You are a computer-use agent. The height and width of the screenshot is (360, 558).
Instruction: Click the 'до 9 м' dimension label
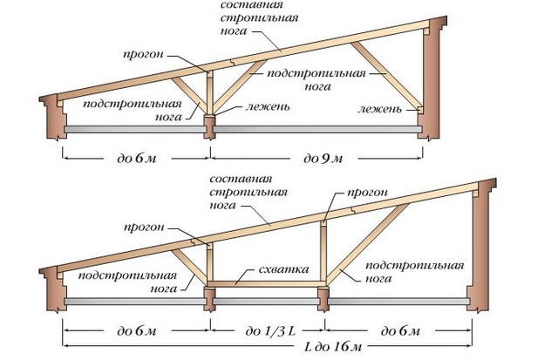[x=323, y=158]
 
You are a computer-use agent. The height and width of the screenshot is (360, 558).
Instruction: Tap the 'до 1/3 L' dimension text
[x=270, y=331]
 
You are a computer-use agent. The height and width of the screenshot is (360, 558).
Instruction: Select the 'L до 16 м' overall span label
[x=333, y=346]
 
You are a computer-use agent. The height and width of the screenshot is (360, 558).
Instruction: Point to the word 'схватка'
[x=283, y=269]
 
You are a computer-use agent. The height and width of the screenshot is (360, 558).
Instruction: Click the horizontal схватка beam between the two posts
[x=266, y=284]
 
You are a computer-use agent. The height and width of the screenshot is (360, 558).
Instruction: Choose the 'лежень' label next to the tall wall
[x=379, y=109]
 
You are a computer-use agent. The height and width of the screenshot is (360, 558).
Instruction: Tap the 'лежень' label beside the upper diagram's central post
[x=268, y=106]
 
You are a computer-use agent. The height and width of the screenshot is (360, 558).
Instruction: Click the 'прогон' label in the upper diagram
[x=143, y=54]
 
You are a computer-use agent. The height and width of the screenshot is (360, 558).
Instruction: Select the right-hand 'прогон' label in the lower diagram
[x=367, y=193]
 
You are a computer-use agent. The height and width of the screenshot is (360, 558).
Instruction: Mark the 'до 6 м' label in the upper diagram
[x=137, y=158]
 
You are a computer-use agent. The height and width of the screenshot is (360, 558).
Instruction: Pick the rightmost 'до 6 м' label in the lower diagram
[x=400, y=331]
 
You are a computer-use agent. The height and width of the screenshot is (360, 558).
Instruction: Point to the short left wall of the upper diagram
[x=53, y=117]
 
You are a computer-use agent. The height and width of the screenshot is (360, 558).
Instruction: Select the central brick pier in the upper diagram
[x=209, y=126]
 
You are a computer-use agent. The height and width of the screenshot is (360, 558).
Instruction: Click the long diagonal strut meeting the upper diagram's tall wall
[x=386, y=75]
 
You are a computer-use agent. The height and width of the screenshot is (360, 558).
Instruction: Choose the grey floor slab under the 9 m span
[x=316, y=129]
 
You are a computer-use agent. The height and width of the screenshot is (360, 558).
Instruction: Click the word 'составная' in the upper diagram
[x=252, y=5]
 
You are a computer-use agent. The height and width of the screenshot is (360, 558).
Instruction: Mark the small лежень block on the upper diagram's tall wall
[x=420, y=110]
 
